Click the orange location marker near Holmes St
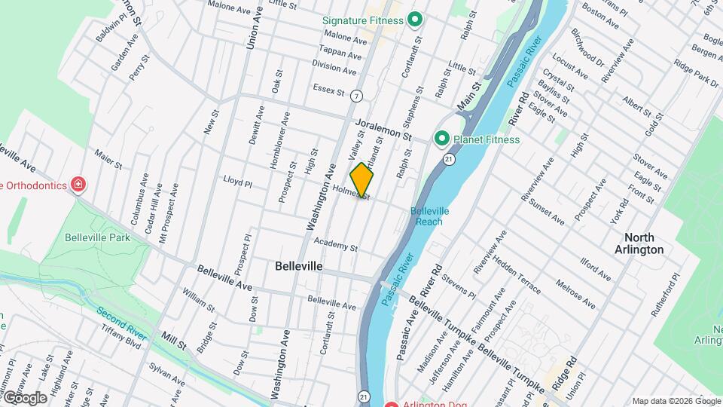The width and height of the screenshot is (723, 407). [x=362, y=179]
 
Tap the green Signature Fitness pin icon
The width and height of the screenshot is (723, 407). [x=413, y=20]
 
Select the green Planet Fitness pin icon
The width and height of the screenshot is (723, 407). [x=441, y=139]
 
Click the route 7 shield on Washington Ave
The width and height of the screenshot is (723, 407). [x=355, y=96]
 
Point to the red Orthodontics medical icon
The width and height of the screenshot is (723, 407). [x=78, y=185]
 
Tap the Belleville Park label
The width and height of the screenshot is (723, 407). [x=97, y=237]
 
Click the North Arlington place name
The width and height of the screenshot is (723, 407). [x=639, y=243]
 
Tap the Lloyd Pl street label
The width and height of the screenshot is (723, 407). [x=237, y=182]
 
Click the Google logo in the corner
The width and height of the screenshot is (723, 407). [x=25, y=397]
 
